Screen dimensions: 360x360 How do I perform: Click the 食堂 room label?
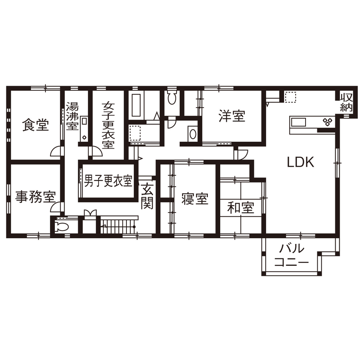click(x=36, y=126)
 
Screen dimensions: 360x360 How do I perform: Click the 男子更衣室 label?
click(x=108, y=181)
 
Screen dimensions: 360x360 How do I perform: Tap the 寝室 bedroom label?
click(x=195, y=199)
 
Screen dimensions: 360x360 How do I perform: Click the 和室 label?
click(x=240, y=208)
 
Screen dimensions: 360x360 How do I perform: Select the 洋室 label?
click(x=232, y=116)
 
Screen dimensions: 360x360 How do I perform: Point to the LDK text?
click(x=301, y=162)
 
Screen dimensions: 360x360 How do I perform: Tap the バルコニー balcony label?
click(x=292, y=256)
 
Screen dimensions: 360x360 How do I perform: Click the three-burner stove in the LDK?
click(x=328, y=122)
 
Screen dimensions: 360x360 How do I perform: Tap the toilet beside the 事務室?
click(x=60, y=227)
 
